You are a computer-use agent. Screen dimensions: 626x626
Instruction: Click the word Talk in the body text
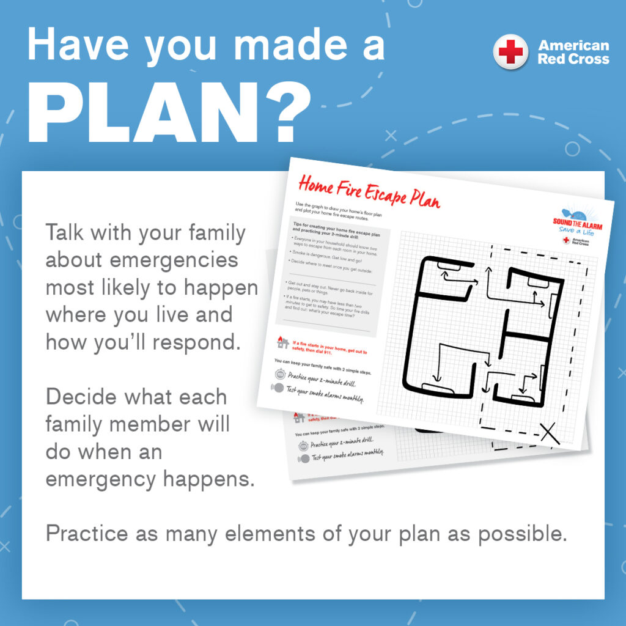[67, 233]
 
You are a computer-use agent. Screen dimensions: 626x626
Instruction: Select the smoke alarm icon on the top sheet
[278, 388]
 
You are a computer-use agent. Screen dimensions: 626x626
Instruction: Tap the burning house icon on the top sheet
[282, 342]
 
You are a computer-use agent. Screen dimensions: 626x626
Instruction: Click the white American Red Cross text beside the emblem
[573, 53]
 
